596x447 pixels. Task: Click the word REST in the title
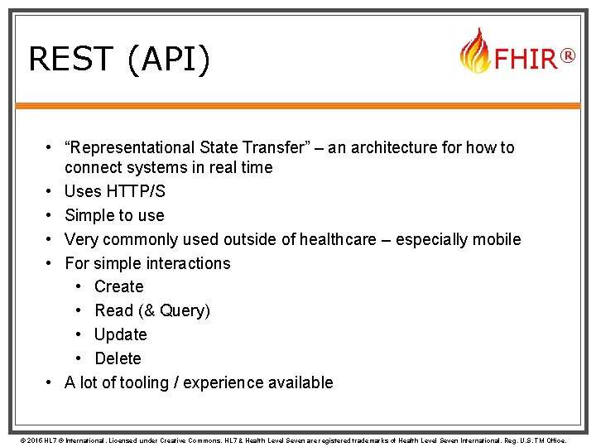click(70, 60)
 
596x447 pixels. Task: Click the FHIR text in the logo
click(525, 60)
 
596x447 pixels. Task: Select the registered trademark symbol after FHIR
click(567, 55)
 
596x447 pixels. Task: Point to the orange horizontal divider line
click(298, 105)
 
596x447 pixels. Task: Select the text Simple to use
click(114, 215)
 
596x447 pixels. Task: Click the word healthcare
click(330, 239)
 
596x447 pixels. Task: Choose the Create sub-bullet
click(118, 286)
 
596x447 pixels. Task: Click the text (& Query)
click(174, 310)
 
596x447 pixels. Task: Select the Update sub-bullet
click(120, 334)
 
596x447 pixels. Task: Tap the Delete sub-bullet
click(118, 358)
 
